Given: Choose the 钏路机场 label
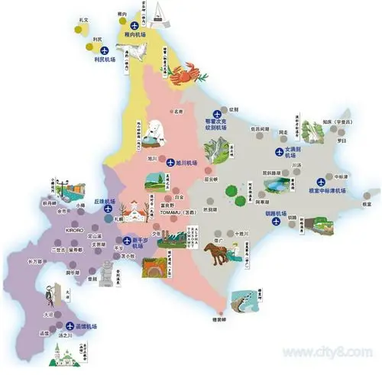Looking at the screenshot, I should pyautogui.click(x=274, y=214).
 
